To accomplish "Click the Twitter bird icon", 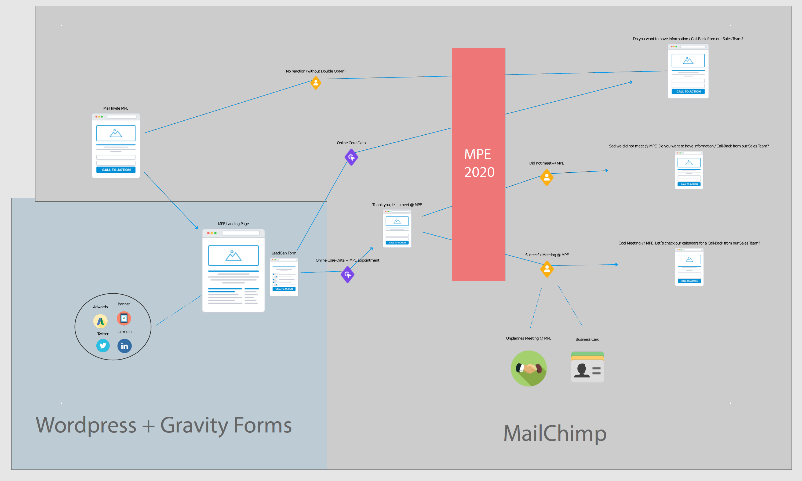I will pyautogui.click(x=103, y=346).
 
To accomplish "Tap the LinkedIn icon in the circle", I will pyautogui.click(x=124, y=346).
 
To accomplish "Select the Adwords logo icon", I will pyautogui.click(x=100, y=321).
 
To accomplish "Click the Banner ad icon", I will pyautogui.click(x=124, y=318).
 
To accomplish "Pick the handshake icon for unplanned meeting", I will pyautogui.click(x=528, y=368).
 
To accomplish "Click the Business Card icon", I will pyautogui.click(x=587, y=367).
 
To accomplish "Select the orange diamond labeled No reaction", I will pyautogui.click(x=316, y=83).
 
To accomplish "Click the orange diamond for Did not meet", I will pyautogui.click(x=547, y=177).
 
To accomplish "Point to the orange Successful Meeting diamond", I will pyautogui.click(x=547, y=269).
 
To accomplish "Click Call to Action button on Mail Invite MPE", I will pyautogui.click(x=116, y=170).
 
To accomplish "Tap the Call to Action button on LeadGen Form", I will pyautogui.click(x=284, y=289).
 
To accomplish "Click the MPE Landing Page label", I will pyautogui.click(x=233, y=224).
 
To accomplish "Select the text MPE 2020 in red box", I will pyautogui.click(x=479, y=163).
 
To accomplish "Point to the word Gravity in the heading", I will pyautogui.click(x=194, y=425).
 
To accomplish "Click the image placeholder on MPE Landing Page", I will pyautogui.click(x=233, y=256).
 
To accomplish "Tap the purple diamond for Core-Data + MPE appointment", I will pyautogui.click(x=348, y=275).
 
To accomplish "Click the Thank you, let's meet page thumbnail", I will pyautogui.click(x=397, y=228).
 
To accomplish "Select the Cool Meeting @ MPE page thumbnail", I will pyautogui.click(x=689, y=267).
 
